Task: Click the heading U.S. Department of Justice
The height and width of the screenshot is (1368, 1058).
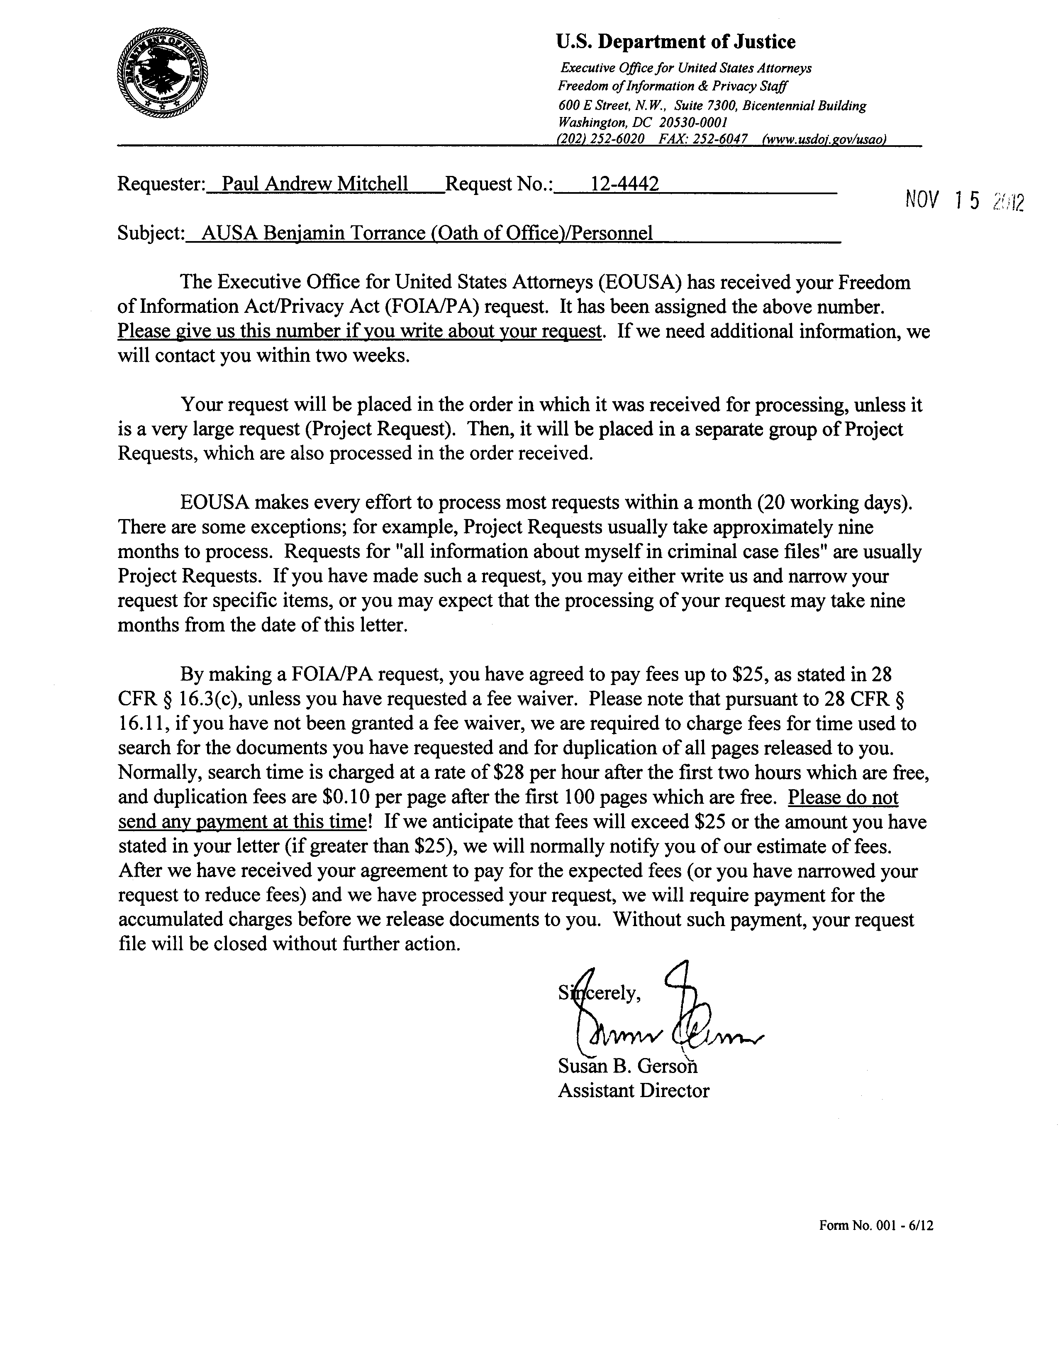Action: point(676,42)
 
